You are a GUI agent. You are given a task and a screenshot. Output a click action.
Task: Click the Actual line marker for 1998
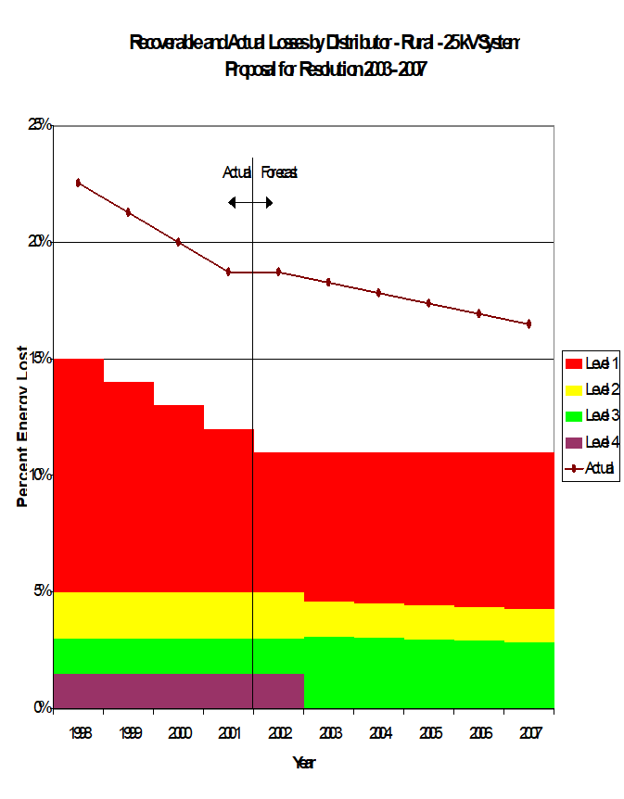coord(79,183)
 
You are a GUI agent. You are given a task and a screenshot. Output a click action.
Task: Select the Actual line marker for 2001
coord(228,272)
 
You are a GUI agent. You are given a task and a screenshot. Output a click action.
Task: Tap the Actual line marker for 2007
coord(528,323)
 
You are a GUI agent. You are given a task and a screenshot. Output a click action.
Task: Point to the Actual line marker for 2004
coord(378,292)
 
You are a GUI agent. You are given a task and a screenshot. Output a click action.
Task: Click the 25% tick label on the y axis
coord(40,125)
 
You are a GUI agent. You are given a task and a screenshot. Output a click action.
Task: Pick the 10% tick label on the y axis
coord(40,475)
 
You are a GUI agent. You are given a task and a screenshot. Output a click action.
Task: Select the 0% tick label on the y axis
coord(43,708)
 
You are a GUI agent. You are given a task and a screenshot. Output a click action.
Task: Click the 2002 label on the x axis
coord(279,733)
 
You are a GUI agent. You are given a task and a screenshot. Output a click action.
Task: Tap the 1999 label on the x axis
coord(129,733)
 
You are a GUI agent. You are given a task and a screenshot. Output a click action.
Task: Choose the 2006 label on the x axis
coord(478,733)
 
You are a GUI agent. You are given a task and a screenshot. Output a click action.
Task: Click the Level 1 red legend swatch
coord(574,364)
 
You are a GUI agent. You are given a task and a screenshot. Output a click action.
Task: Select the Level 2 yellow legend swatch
coord(574,390)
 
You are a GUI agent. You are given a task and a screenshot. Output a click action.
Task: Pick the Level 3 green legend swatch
coord(574,416)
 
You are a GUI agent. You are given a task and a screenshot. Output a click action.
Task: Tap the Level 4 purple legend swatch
coord(574,442)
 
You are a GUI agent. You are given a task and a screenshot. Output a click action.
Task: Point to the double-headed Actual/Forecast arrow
coord(250,202)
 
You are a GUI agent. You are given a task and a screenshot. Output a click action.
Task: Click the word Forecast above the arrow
coord(278,172)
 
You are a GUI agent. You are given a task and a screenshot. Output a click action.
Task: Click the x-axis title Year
coord(303,763)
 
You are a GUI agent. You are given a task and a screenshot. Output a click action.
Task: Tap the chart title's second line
coord(325,69)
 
